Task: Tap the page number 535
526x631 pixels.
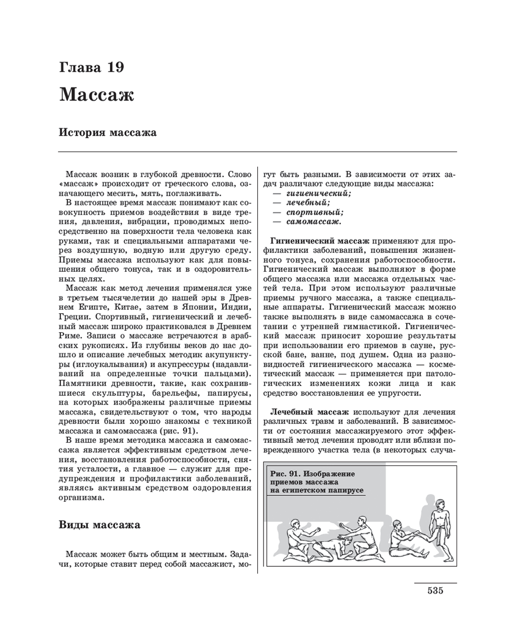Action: click(x=435, y=590)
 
